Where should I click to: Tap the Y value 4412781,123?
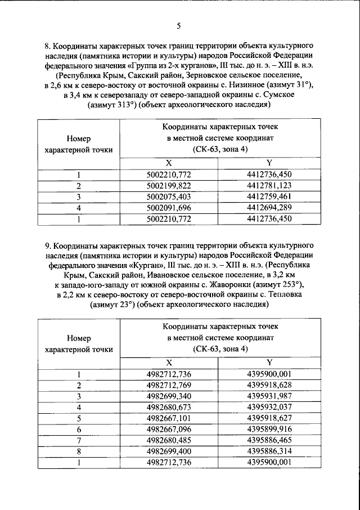[269, 186]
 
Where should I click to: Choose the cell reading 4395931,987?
[269, 396]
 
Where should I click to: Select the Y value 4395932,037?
[269, 406]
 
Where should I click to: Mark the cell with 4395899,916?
[269, 428]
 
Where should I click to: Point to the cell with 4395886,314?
[269, 450]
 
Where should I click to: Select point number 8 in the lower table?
[79, 450]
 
